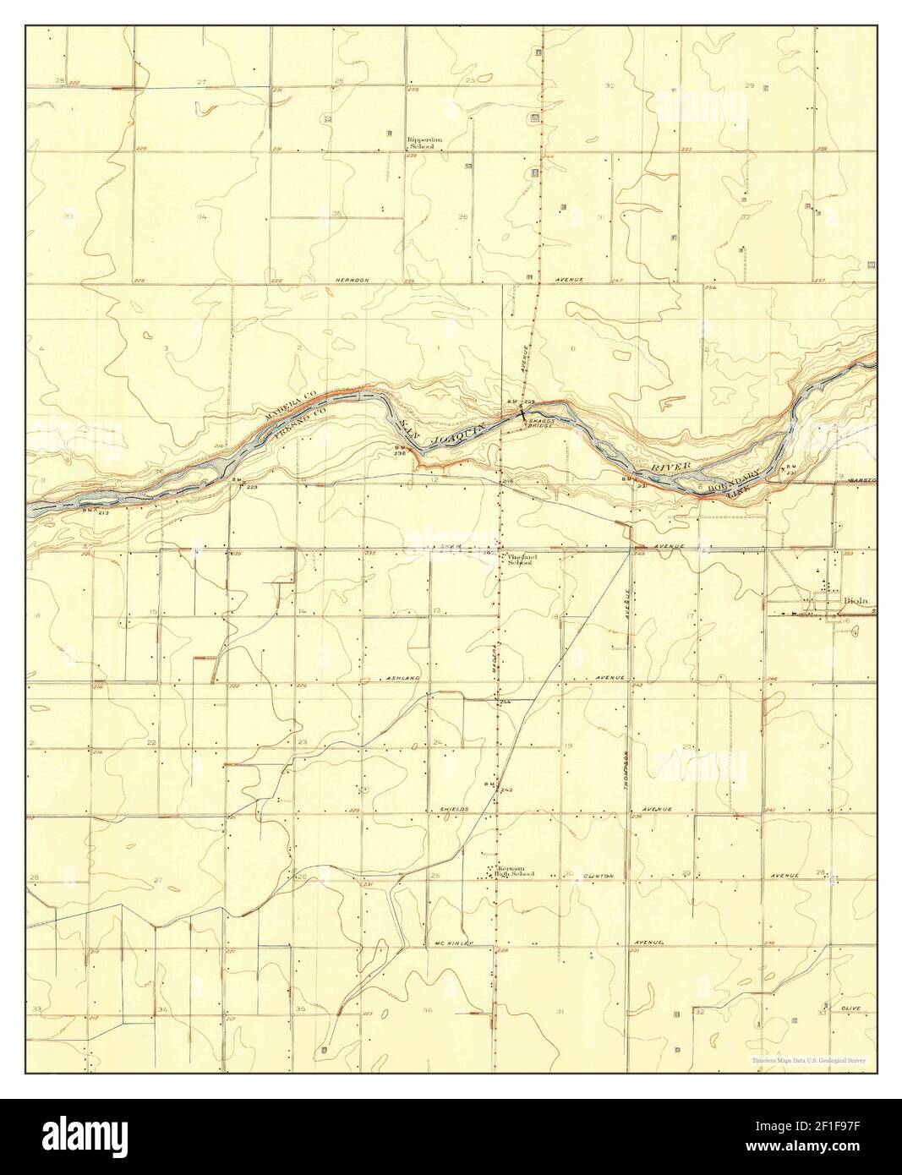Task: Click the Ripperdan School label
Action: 420,143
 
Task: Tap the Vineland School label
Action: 518,560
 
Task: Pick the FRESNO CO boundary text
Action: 298,422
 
